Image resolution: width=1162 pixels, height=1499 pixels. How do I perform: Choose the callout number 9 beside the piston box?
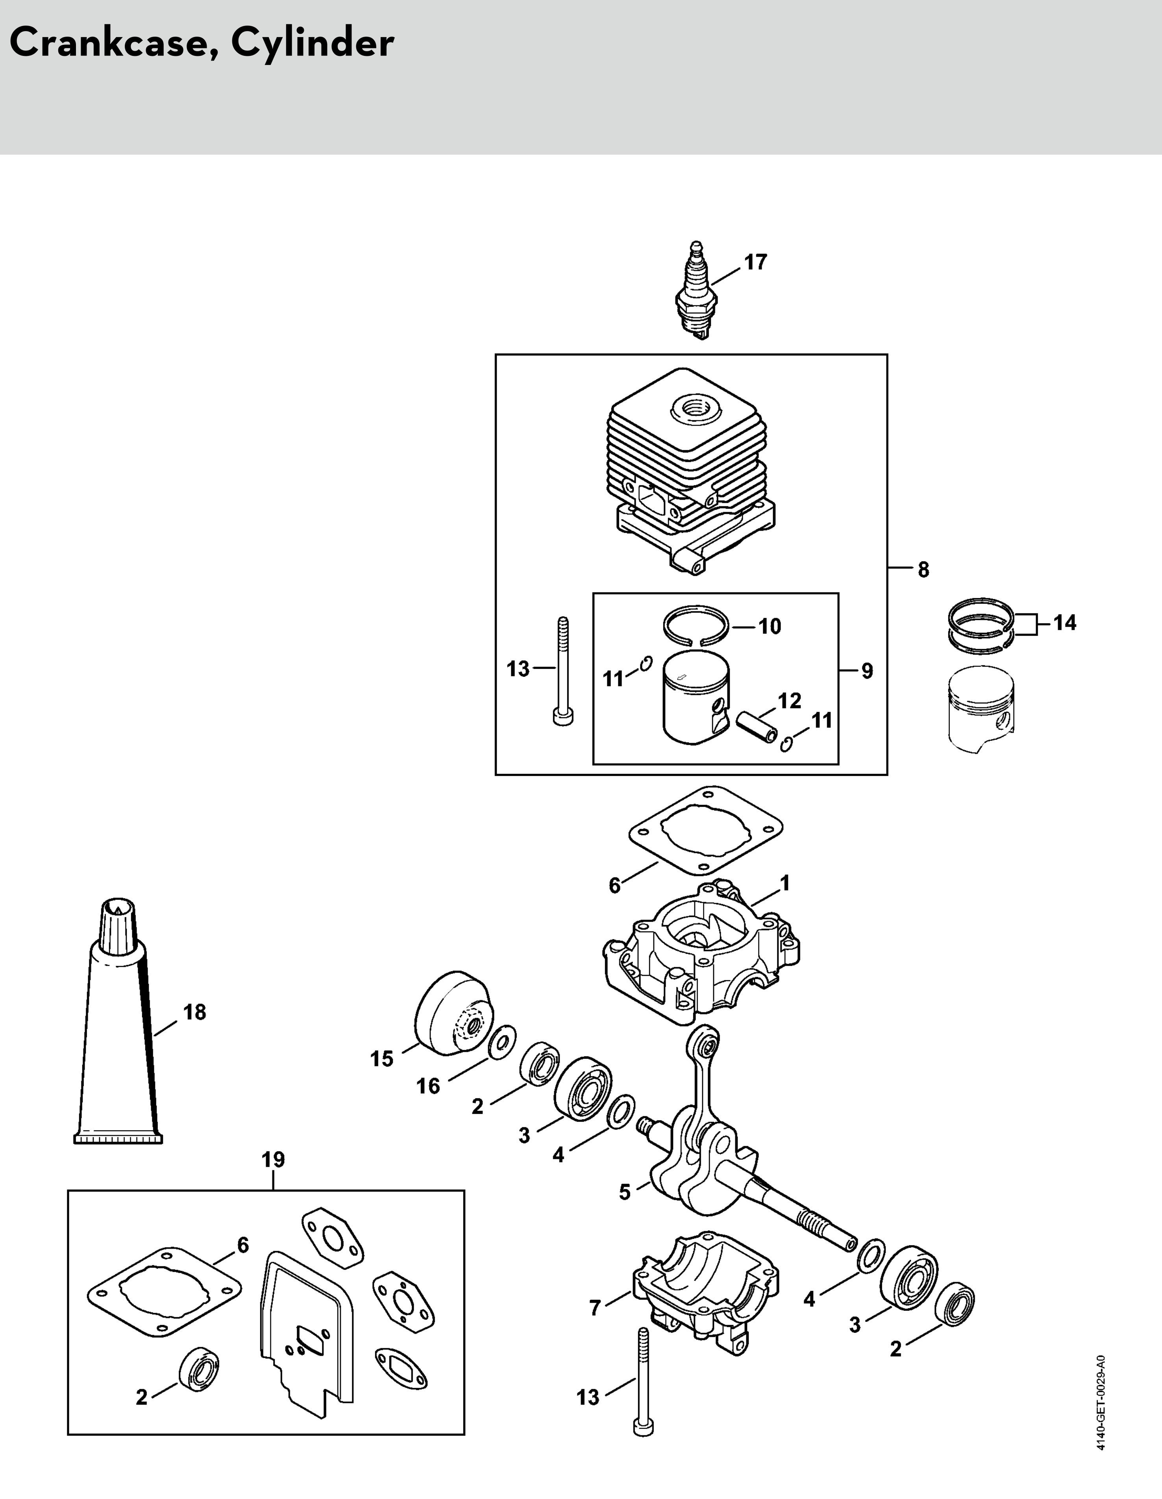coord(867,670)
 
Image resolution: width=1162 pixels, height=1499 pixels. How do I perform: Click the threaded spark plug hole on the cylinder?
coord(692,411)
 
